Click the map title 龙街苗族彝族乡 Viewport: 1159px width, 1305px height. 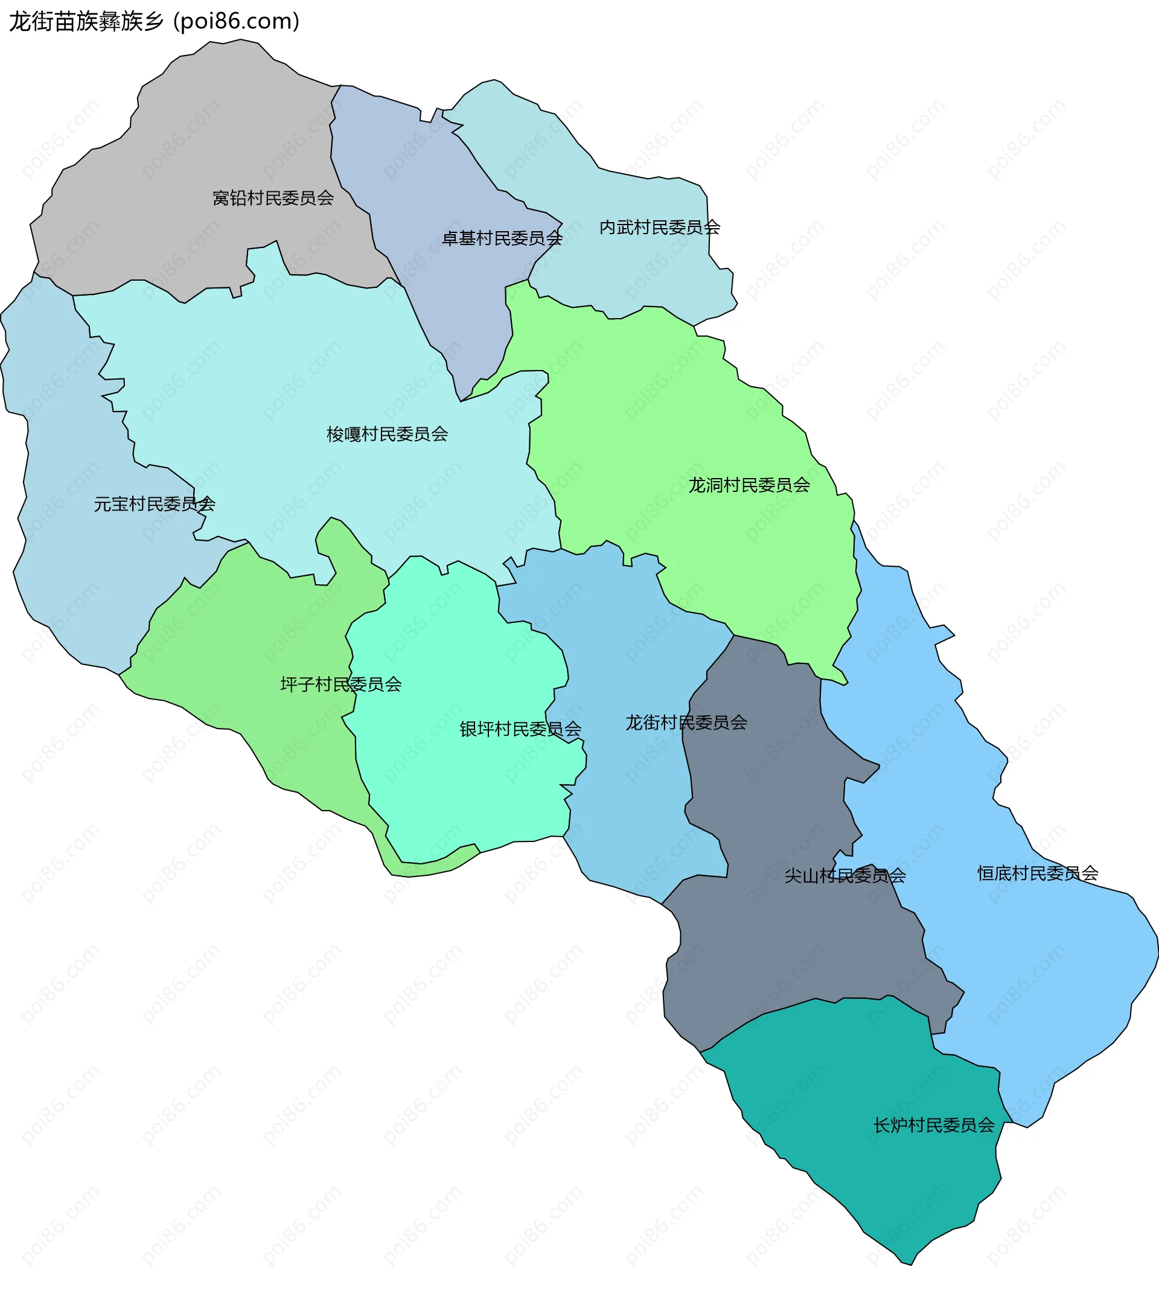tap(86, 22)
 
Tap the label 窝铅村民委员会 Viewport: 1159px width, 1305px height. tap(273, 199)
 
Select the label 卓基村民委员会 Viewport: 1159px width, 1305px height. tap(502, 239)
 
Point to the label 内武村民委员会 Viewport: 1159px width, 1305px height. tap(660, 228)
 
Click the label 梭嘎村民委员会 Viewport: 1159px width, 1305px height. tap(387, 435)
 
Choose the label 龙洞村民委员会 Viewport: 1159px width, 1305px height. tap(749, 486)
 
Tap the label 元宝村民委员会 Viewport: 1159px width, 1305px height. tap(155, 505)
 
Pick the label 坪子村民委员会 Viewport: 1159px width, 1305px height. tap(341, 685)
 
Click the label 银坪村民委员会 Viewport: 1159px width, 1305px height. tap(520, 730)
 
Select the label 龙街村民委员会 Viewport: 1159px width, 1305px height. tap(686, 723)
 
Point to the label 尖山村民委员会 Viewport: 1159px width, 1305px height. tap(845, 876)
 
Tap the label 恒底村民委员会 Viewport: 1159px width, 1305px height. tap(1038, 873)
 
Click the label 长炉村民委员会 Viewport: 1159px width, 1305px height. tap(934, 1125)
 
